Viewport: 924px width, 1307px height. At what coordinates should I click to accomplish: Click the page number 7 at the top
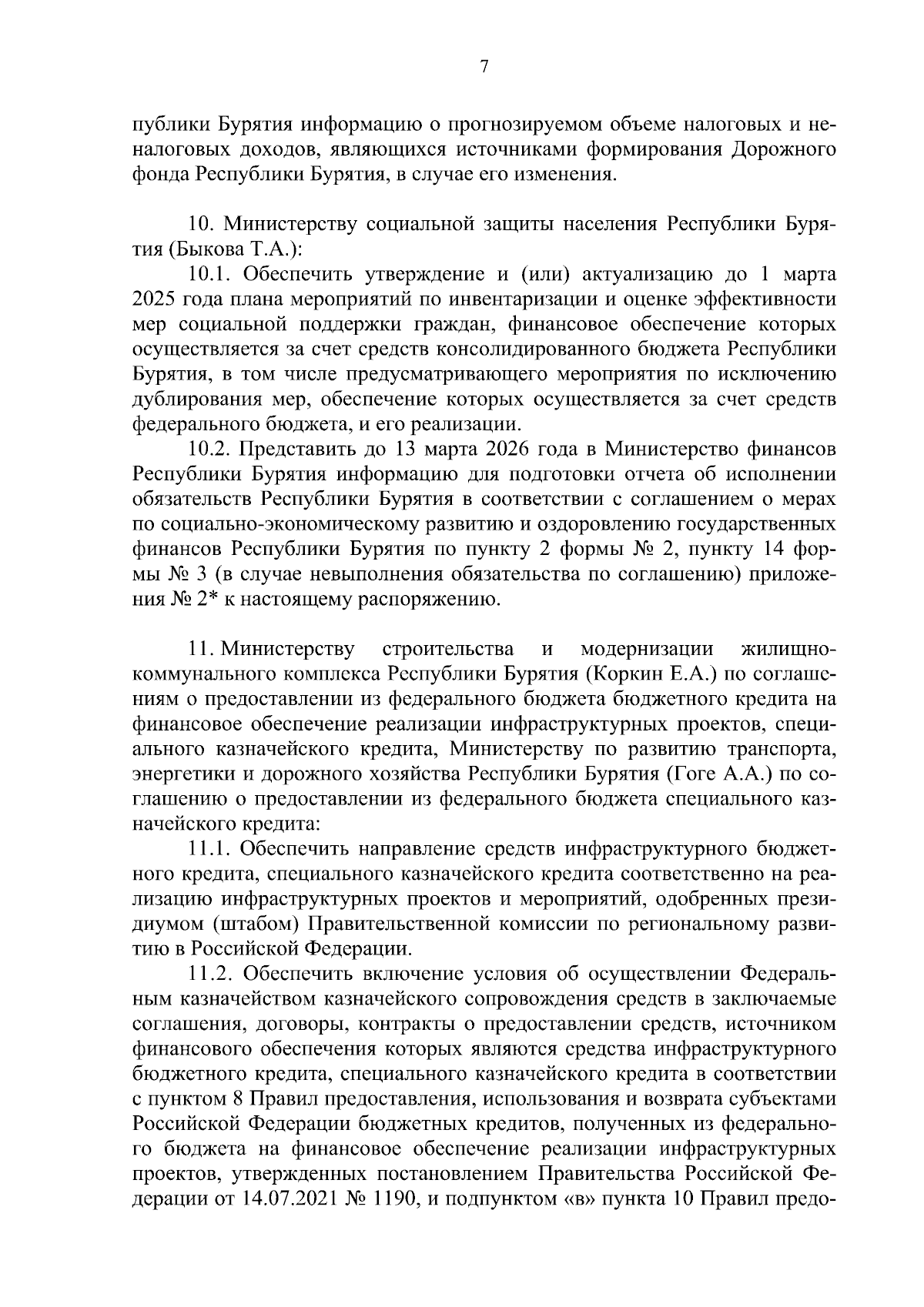484,67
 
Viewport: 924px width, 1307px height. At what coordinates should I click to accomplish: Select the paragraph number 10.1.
212,275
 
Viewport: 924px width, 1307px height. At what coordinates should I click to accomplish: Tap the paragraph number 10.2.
212,450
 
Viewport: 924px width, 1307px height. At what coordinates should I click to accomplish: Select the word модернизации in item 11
647,650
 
